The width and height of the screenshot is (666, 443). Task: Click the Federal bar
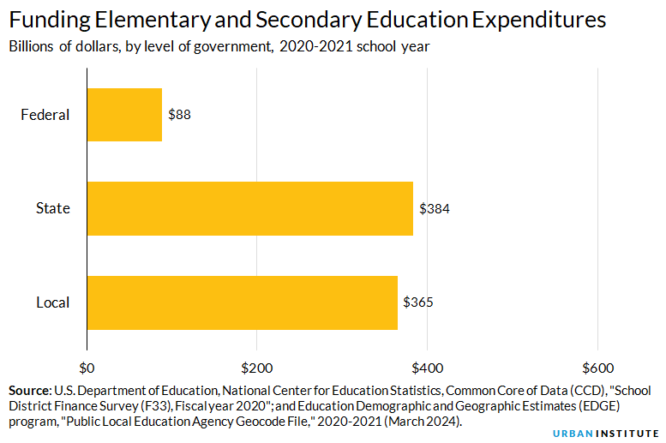tap(124, 115)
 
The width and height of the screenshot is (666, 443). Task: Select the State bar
tap(250, 208)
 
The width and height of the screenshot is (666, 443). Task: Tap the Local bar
tap(243, 302)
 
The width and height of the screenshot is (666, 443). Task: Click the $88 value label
tap(179, 115)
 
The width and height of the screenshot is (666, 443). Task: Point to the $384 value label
tap(435, 208)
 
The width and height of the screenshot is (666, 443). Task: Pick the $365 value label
tap(418, 302)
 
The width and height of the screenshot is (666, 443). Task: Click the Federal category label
tap(45, 115)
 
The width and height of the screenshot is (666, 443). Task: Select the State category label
tap(52, 208)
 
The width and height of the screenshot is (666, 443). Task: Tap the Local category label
tap(52, 302)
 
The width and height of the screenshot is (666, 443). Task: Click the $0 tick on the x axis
tap(87, 368)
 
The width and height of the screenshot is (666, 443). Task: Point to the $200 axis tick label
tap(256, 368)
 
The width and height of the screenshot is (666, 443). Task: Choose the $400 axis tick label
tap(427, 368)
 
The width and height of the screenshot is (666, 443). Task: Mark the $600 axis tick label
tap(597, 368)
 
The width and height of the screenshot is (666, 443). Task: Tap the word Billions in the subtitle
tap(35, 47)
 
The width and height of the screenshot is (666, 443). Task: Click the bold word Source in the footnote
tap(30, 390)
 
